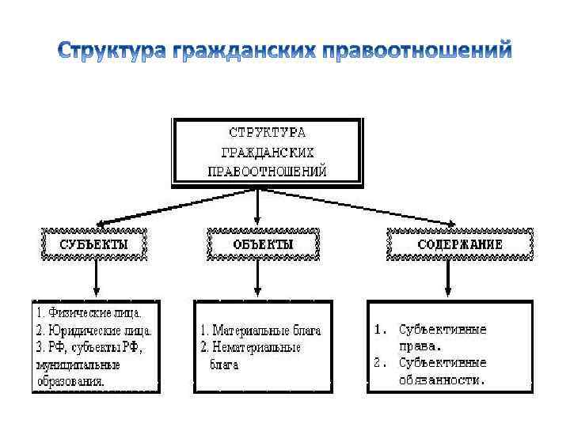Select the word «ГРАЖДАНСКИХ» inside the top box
click(x=268, y=151)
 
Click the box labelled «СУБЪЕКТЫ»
click(x=94, y=244)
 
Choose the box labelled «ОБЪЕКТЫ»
click(x=263, y=244)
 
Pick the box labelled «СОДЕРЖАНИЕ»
click(x=460, y=244)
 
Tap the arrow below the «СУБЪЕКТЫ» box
click(x=96, y=278)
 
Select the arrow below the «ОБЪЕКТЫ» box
click(x=256, y=278)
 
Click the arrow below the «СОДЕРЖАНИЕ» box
click(x=448, y=278)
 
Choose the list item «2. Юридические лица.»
click(x=93, y=331)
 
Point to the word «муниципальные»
click(x=78, y=365)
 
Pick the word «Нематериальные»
click(x=260, y=347)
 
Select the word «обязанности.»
click(x=441, y=380)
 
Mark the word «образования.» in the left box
click(x=70, y=381)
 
